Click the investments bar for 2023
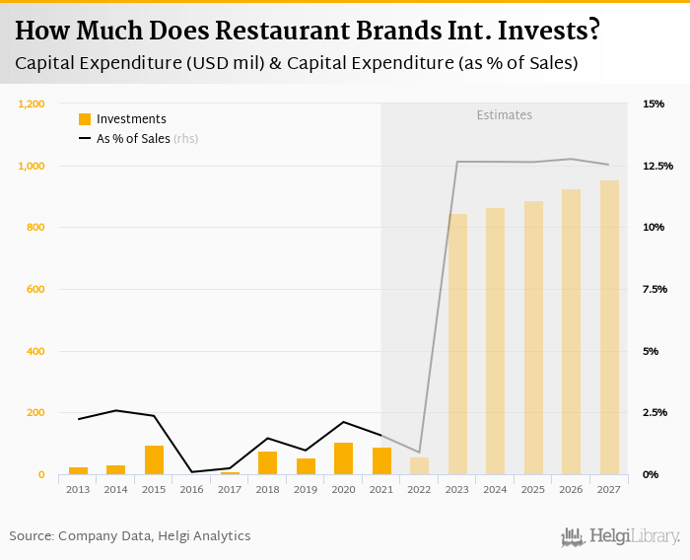(457, 344)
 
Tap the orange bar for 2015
(154, 460)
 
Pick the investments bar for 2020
(344, 458)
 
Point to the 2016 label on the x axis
(192, 489)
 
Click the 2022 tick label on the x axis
(420, 489)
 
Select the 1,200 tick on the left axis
(32, 104)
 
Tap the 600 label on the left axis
(35, 289)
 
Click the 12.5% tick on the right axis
(657, 166)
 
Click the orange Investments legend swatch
(85, 119)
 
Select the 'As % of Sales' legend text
(133, 139)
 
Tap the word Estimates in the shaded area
(504, 115)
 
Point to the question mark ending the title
(592, 32)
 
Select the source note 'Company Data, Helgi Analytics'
(155, 536)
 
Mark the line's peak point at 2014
(116, 410)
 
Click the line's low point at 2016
(192, 472)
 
